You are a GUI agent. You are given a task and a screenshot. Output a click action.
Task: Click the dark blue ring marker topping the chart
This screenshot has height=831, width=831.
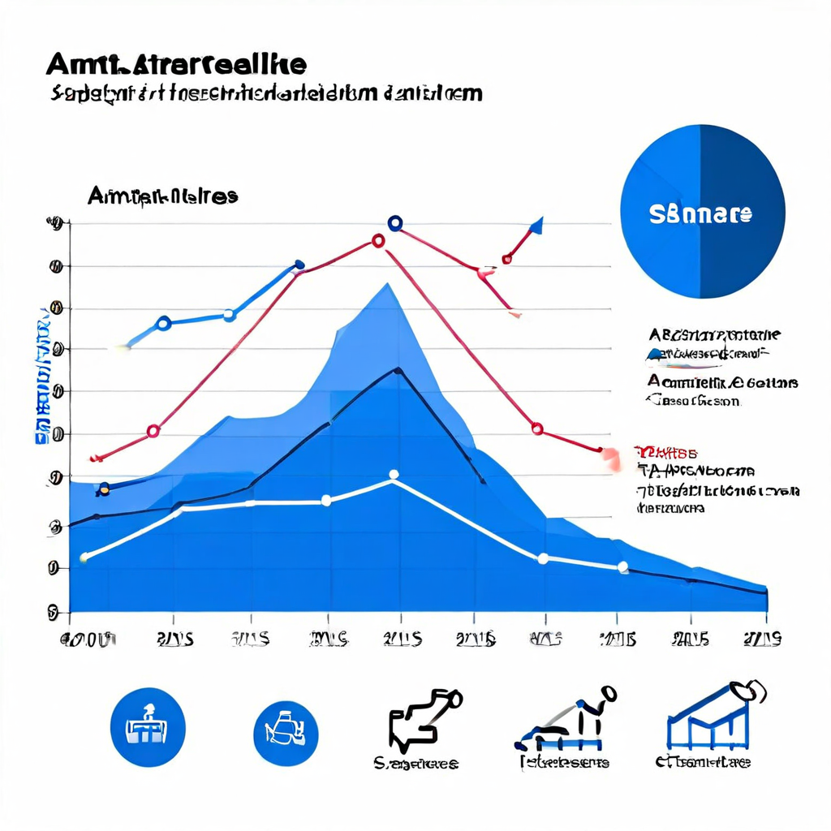pyautogui.click(x=395, y=223)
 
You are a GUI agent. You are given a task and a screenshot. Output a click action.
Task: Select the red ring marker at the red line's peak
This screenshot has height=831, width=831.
pyautogui.click(x=378, y=240)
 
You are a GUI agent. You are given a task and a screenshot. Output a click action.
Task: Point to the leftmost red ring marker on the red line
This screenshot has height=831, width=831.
pyautogui.click(x=153, y=431)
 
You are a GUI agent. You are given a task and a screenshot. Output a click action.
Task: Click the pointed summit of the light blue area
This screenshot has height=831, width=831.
pyautogui.click(x=388, y=284)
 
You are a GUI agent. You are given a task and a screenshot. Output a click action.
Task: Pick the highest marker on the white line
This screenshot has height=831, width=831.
pyautogui.click(x=394, y=476)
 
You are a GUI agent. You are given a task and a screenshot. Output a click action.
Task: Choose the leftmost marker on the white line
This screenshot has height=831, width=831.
pyautogui.click(x=84, y=557)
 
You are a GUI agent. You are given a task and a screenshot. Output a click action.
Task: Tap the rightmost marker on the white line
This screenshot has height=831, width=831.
pyautogui.click(x=622, y=567)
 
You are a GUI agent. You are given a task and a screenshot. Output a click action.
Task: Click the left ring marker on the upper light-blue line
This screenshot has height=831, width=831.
pyautogui.click(x=163, y=323)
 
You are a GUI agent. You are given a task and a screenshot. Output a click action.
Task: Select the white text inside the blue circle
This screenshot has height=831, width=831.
pyautogui.click(x=701, y=214)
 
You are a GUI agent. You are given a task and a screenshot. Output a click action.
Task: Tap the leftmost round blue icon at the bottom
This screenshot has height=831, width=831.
pyautogui.click(x=148, y=726)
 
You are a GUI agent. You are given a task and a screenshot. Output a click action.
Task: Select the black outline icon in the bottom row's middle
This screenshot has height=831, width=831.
pyautogui.click(x=422, y=718)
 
